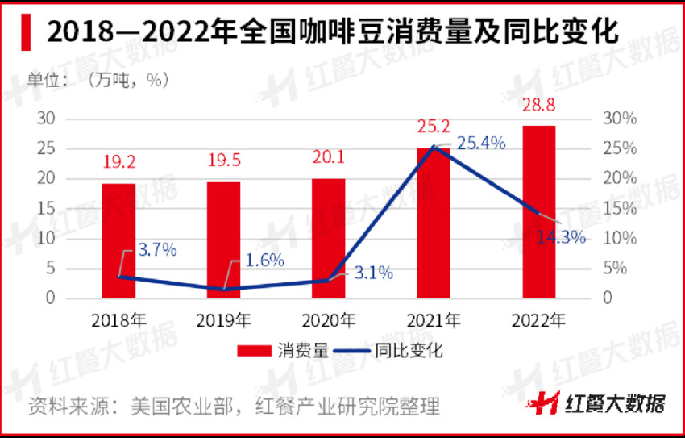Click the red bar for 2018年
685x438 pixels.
pyautogui.click(x=118, y=240)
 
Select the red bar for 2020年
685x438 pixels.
pyautogui.click(x=328, y=238)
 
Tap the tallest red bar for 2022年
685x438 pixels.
pyautogui.click(x=538, y=211)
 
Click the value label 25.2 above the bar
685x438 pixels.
pyautogui.click(x=433, y=126)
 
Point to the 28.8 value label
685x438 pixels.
pyautogui.click(x=538, y=105)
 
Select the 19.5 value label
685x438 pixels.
pyautogui.click(x=223, y=161)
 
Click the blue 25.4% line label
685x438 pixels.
pyautogui.click(x=481, y=144)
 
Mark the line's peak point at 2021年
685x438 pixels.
pyautogui.click(x=434, y=147)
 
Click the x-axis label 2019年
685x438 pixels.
pyautogui.click(x=223, y=320)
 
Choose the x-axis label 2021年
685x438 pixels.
pyautogui.click(x=434, y=320)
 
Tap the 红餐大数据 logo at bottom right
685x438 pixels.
pyautogui.click(x=603, y=403)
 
